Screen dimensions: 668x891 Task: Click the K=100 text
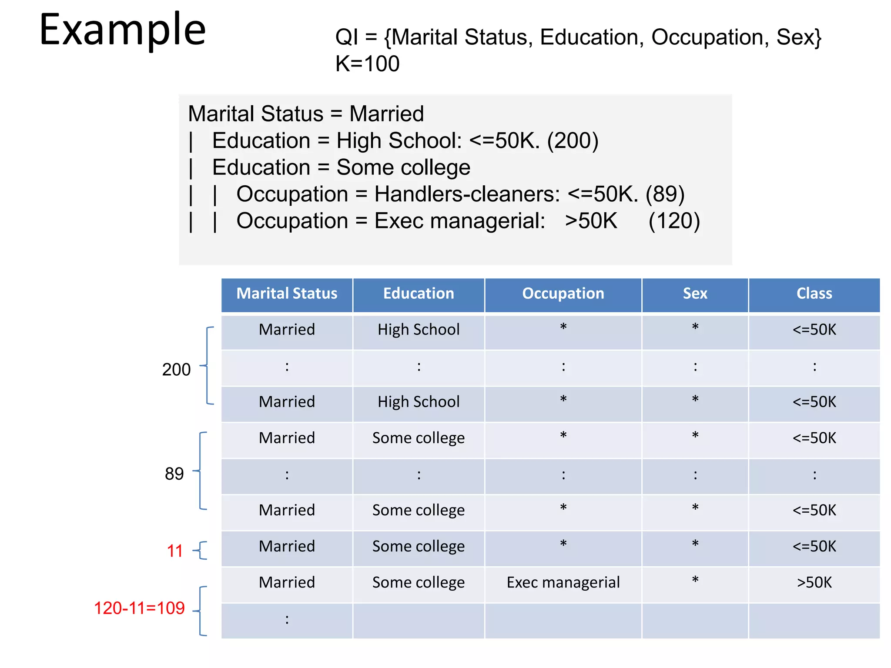[367, 64]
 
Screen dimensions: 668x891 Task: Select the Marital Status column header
[287, 294]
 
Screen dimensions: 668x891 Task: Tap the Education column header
[419, 294]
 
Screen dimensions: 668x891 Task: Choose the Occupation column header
[563, 294]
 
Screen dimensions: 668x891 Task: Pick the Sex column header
[695, 294]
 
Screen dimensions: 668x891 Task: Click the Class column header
[814, 294]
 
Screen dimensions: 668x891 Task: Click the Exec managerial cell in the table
[563, 582]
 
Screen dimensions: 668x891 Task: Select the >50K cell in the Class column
[814, 582]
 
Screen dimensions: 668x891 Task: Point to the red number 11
[175, 551]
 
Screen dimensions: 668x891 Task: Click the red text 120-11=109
[139, 608]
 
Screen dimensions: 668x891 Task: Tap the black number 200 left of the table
[176, 370]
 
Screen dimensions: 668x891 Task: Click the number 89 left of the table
[174, 474]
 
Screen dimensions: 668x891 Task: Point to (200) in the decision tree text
[573, 141]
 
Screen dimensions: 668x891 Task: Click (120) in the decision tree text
[674, 221]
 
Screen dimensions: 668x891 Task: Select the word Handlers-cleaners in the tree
[467, 194]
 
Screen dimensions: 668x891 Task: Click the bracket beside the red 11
[201, 551]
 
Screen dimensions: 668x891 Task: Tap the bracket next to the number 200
[208, 366]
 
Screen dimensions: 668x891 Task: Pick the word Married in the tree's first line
[386, 114]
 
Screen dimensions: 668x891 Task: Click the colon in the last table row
[287, 619]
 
